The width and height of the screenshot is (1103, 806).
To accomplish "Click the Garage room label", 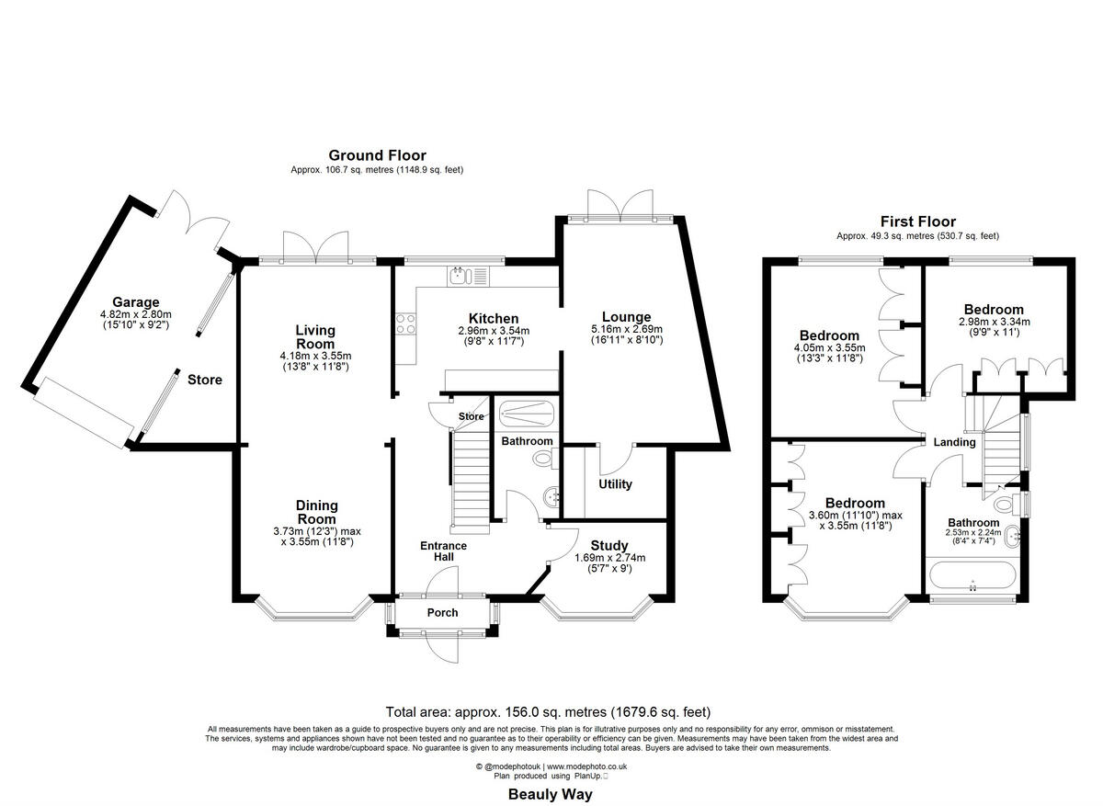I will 136,302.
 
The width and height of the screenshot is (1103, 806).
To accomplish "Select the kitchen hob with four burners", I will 405,324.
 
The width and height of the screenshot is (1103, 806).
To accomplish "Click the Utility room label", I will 615,484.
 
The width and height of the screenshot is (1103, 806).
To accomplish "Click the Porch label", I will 442,613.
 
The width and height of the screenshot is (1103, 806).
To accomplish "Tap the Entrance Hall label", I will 444,551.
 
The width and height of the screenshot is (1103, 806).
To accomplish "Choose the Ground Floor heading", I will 377,155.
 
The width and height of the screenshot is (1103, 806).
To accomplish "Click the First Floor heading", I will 917,221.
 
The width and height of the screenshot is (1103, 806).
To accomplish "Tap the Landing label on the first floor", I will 954,442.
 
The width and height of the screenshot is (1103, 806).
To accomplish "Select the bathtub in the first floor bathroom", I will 972,577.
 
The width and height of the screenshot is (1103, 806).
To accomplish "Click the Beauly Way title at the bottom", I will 551,795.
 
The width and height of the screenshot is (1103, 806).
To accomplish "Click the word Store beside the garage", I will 205,380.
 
